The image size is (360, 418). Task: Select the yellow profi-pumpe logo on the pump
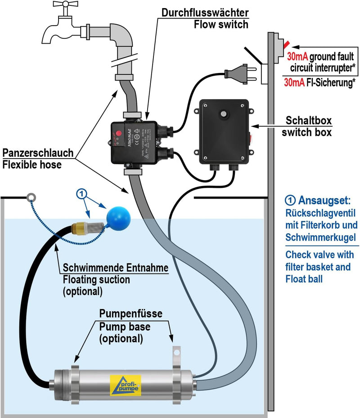[125, 386]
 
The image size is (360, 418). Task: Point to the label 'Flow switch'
[221, 24]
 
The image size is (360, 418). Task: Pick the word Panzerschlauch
[38, 153]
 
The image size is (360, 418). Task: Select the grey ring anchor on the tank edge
[31, 196]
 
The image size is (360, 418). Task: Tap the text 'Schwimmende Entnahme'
[116, 268]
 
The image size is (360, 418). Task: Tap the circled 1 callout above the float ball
[82, 194]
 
